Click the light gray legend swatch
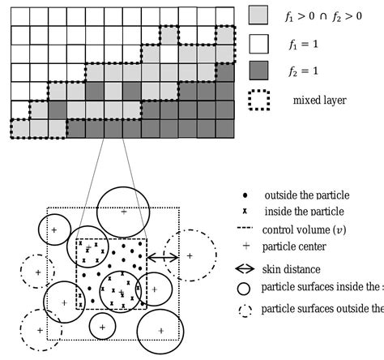(x=258, y=14)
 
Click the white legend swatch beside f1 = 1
(x=258, y=44)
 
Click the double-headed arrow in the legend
(x=245, y=269)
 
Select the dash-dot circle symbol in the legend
(x=245, y=308)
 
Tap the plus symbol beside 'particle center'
(x=245, y=246)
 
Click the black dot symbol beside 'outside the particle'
(x=245, y=196)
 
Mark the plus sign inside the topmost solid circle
(x=123, y=212)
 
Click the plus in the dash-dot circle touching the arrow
(x=189, y=255)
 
